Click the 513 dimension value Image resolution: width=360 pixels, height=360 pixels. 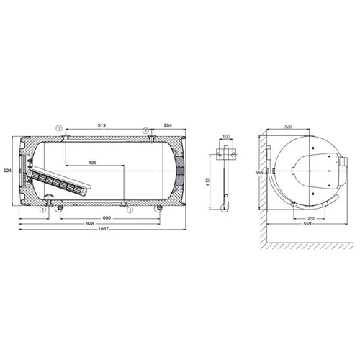coord(102,125)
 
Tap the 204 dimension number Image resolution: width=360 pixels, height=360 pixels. coord(168,125)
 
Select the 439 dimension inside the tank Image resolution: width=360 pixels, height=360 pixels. coord(93,163)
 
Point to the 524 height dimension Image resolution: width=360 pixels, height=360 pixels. coord(7,171)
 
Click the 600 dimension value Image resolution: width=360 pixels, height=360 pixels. coord(107,218)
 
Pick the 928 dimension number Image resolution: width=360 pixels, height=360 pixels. coord(90,223)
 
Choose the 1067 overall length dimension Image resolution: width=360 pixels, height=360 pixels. coord(104,229)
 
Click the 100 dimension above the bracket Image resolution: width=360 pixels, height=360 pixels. coord(226,137)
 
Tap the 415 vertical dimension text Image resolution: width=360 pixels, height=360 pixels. coord(208,181)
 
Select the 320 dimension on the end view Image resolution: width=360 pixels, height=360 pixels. coord(288,127)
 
